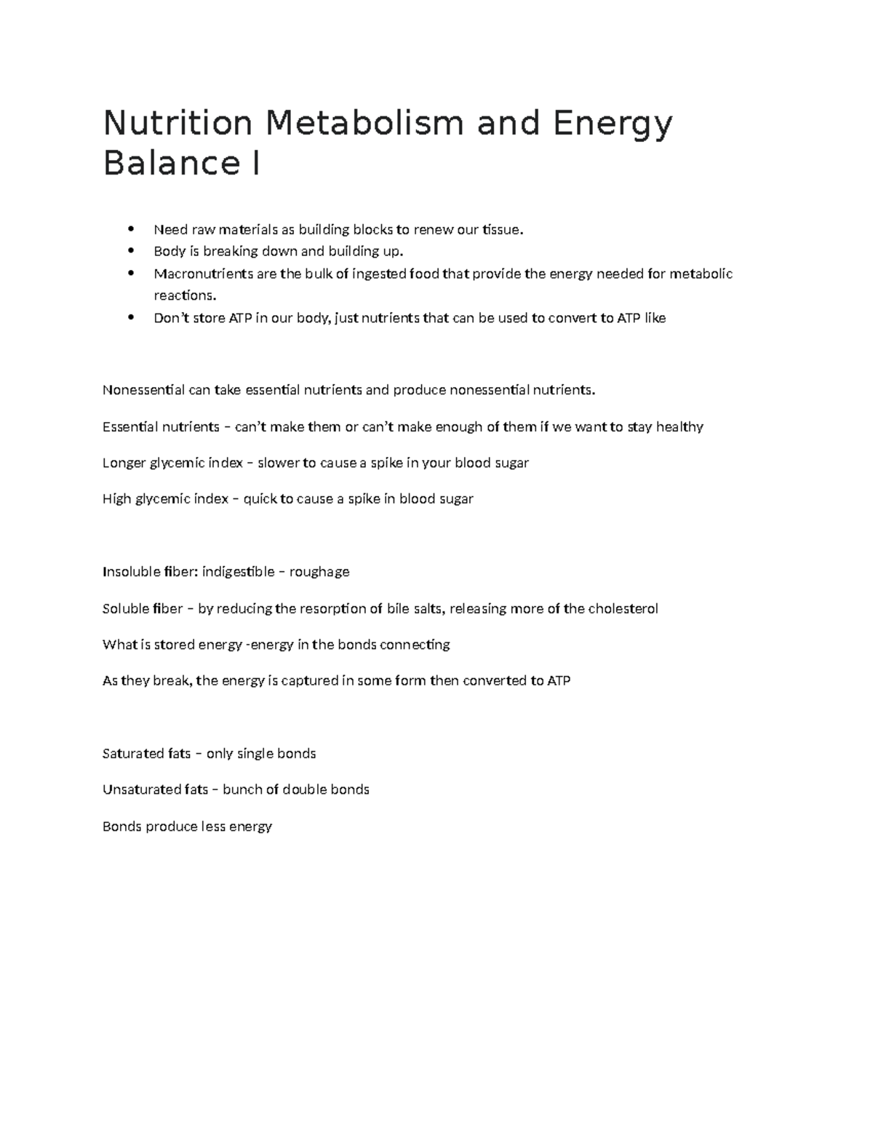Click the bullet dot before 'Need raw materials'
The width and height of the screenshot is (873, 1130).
[x=131, y=229]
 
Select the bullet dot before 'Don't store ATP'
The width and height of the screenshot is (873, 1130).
[x=131, y=317]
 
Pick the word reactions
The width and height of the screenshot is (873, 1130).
[x=185, y=295]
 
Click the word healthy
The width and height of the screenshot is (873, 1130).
[x=679, y=426]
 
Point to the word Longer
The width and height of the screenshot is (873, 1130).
[x=124, y=463]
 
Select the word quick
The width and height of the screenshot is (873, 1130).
[x=259, y=499]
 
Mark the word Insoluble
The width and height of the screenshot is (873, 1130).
[x=129, y=572]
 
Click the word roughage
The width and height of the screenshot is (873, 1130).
[x=319, y=572]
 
